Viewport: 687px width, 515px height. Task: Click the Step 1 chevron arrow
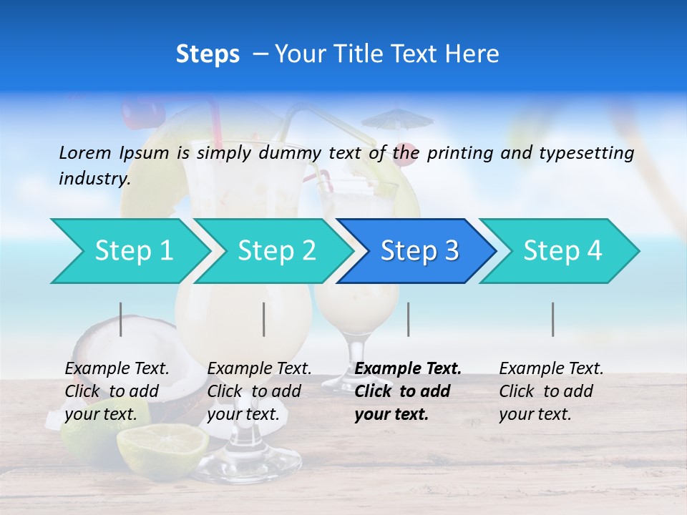pos(129,251)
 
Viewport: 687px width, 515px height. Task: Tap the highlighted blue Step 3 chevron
pos(418,251)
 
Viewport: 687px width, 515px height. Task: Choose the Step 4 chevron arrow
pos(561,251)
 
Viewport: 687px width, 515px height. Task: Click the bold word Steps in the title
pos(208,54)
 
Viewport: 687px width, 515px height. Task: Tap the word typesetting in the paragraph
pos(586,152)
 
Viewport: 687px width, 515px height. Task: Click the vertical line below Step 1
pos(121,319)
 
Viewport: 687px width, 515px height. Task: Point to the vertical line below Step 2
pos(264,319)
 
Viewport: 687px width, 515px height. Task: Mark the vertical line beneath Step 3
pos(409,319)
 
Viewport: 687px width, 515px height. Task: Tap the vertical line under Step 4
pos(553,319)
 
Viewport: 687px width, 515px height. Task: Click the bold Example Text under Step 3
pos(408,368)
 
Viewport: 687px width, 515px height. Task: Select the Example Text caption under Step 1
pos(117,368)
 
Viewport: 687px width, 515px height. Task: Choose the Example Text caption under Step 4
pos(551,368)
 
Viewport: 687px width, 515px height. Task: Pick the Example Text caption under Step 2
pos(259,368)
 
